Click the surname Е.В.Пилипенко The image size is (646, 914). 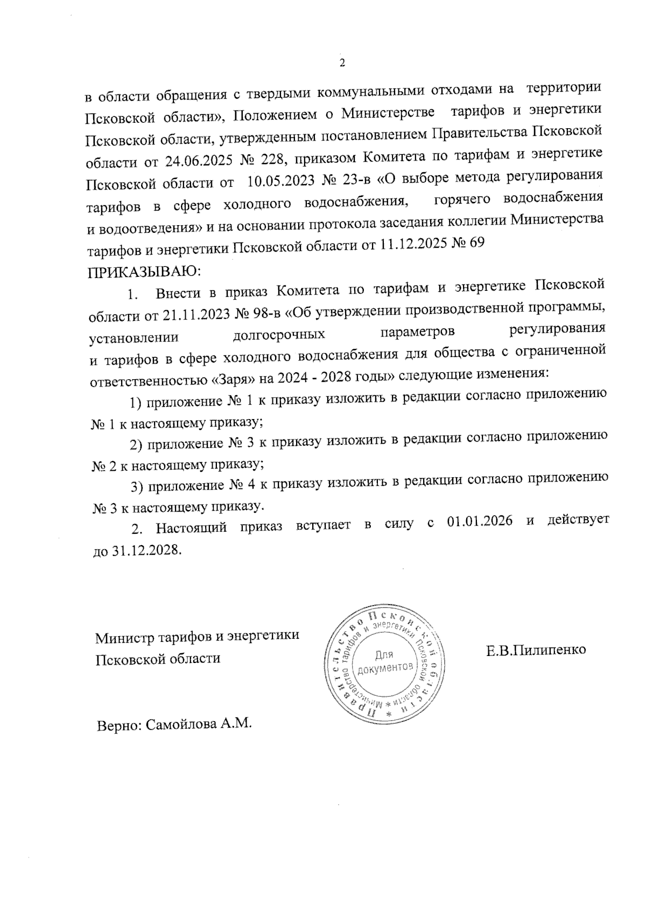click(536, 650)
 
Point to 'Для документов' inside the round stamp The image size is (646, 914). click(383, 661)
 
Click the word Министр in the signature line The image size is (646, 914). click(124, 638)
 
